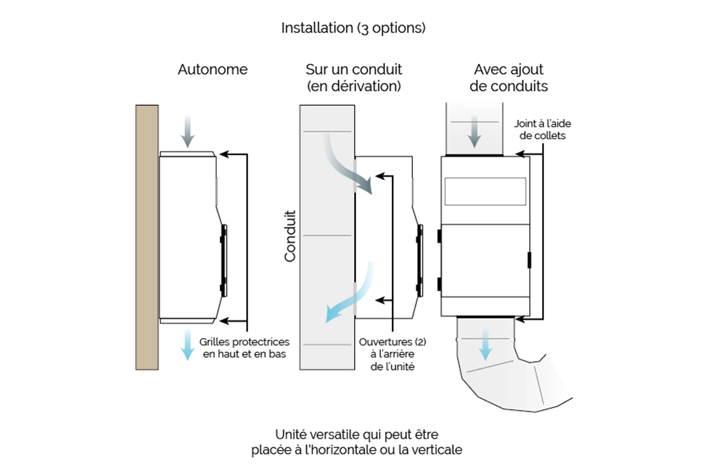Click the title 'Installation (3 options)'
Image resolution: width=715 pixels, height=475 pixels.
(353, 28)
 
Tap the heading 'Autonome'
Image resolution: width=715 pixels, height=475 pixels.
(213, 70)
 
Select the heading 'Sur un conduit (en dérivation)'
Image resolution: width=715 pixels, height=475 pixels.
(354, 78)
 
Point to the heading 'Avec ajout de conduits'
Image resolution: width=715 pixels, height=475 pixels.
(508, 78)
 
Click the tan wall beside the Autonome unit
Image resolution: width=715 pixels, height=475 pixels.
(147, 237)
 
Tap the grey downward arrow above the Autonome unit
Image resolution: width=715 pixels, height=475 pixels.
(188, 132)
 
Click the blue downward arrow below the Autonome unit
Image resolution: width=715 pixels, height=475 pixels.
(188, 345)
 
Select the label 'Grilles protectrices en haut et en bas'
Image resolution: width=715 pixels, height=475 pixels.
(244, 348)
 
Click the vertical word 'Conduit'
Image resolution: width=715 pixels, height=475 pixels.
(290, 236)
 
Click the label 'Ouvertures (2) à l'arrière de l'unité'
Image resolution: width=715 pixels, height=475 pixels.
(393, 354)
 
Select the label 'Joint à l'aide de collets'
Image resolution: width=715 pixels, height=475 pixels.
(542, 129)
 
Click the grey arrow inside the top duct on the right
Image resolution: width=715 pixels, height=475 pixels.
(475, 132)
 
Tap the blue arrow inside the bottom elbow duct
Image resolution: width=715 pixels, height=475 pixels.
(485, 345)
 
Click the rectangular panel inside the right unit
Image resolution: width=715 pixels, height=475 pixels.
(485, 191)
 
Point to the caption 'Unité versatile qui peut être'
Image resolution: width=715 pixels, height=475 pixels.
(356, 435)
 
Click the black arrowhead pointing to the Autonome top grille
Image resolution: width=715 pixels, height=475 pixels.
(224, 154)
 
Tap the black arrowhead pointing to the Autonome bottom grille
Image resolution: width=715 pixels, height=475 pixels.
(224, 321)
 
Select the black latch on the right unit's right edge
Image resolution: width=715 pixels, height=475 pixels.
(529, 260)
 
